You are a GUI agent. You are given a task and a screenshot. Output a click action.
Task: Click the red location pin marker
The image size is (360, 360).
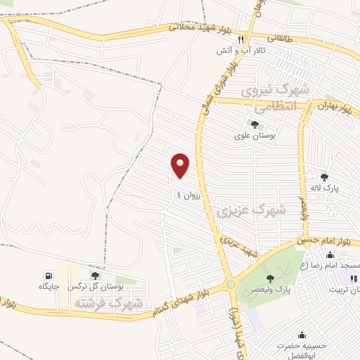(181, 165)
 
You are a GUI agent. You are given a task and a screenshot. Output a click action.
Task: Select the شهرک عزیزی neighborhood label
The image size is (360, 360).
(251, 209)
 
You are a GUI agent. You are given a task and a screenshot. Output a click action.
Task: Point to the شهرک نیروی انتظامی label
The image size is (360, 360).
(275, 99)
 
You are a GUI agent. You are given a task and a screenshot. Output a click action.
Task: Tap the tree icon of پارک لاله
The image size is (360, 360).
(324, 176)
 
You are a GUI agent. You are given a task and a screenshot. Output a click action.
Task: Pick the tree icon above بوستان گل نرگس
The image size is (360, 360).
(95, 275)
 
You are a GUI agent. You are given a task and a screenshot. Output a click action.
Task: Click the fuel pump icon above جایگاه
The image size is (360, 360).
(48, 275)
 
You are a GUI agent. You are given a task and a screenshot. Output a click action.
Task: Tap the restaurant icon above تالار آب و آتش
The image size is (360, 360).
(240, 39)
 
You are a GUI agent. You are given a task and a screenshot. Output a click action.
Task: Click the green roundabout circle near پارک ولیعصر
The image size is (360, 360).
(231, 285)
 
